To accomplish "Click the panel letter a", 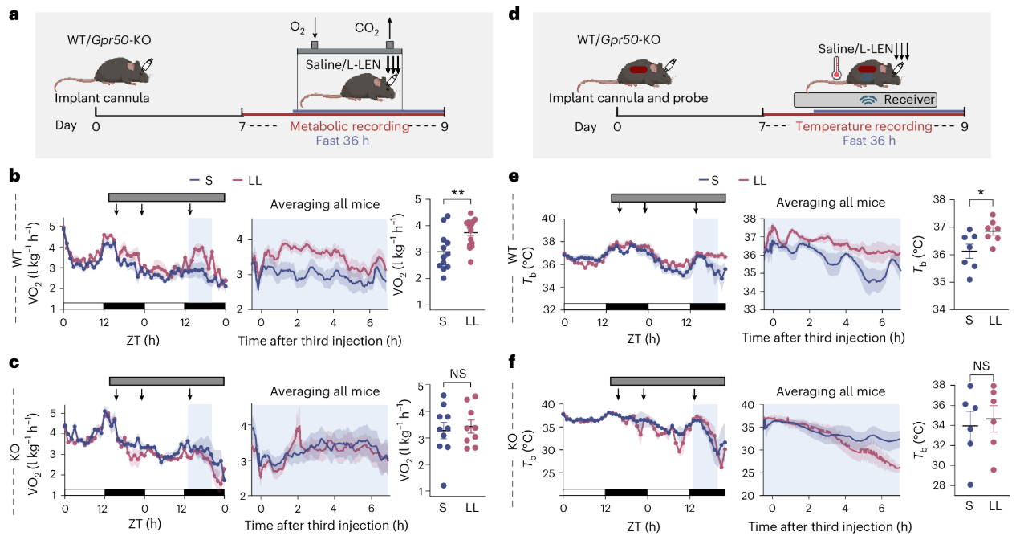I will point(14,14).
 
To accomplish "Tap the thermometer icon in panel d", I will point(836,69).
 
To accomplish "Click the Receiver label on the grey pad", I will point(909,100).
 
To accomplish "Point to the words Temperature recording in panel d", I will point(864,126).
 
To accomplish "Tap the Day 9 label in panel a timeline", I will point(445,126).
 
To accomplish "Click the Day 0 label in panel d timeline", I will point(617,126).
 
